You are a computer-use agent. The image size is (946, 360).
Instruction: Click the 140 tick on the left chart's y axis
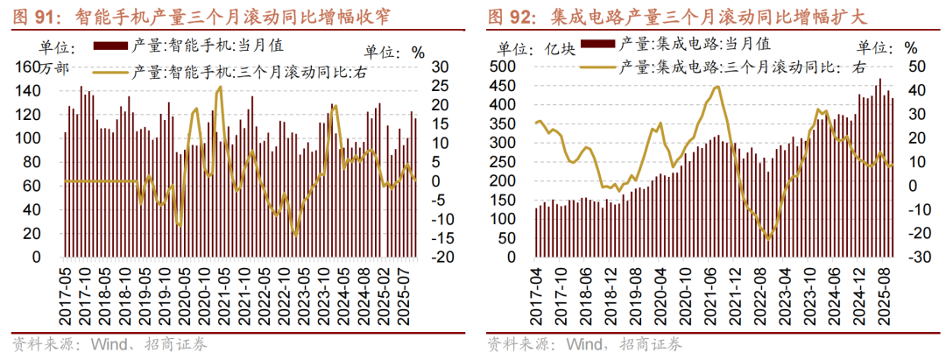point(53,91)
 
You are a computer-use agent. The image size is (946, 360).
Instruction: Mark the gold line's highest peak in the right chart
point(717,86)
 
